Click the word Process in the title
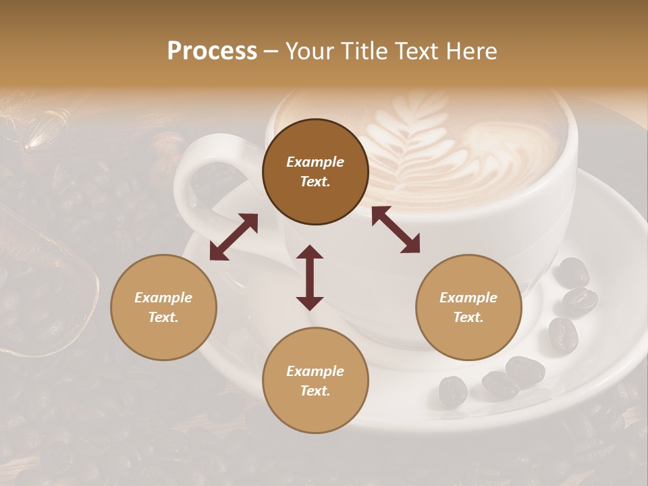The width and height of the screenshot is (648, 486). click(212, 51)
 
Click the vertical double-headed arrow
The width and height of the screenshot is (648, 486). click(310, 277)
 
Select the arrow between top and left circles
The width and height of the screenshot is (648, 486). click(234, 237)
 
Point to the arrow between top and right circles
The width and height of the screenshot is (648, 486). click(396, 230)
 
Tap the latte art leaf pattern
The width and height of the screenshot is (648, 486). click(412, 145)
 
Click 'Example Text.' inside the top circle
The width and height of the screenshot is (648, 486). click(315, 171)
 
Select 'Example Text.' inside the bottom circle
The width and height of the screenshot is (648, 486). click(315, 381)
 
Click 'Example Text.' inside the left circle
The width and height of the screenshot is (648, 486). click(163, 307)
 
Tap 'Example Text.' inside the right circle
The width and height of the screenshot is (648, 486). click(468, 307)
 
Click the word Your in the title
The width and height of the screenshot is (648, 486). click(310, 51)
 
